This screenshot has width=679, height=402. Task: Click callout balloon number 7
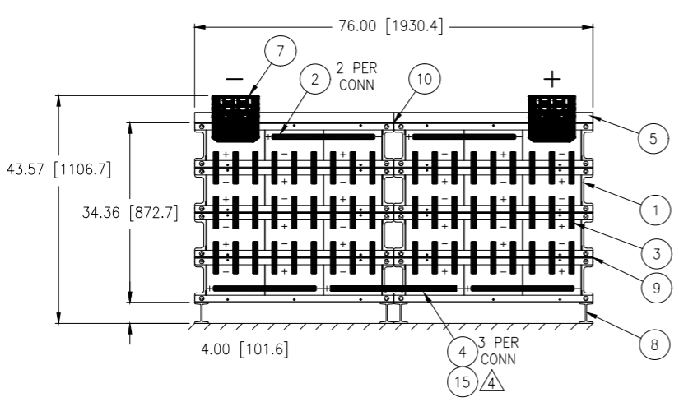[x=280, y=51]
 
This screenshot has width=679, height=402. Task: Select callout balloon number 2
[x=315, y=79]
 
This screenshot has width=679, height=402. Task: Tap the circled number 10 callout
[x=425, y=79]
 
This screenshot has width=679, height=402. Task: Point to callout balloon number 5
[x=653, y=138]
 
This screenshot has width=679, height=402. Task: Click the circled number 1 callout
[x=656, y=210]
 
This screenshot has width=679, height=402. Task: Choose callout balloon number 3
[x=657, y=252]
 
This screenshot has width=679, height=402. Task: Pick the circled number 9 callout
[x=657, y=288]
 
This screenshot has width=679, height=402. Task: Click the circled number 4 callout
[x=463, y=351]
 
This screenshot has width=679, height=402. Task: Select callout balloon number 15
[x=463, y=381]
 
